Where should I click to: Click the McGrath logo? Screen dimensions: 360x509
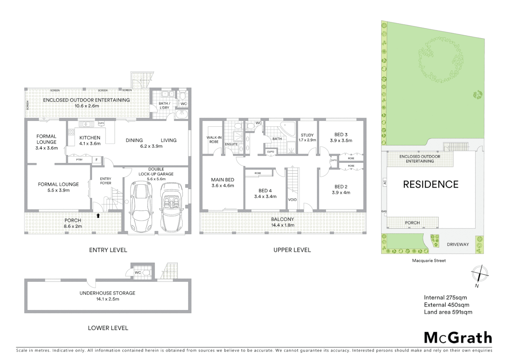coord(458,338)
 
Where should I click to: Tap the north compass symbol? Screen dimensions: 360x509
coord(479,275)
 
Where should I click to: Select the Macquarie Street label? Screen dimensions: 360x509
coord(429,261)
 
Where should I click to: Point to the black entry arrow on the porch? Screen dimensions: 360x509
coord(98,215)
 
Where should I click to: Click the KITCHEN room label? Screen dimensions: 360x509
coord(90,138)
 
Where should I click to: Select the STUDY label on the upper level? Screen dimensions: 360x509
coord(307,135)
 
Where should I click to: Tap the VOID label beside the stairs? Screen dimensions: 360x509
coord(292,200)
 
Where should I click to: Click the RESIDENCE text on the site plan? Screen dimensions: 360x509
coord(430,184)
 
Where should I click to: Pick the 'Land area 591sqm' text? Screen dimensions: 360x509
coord(448,312)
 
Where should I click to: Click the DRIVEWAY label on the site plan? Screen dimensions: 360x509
coord(458,244)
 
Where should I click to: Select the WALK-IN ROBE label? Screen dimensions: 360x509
coord(214,140)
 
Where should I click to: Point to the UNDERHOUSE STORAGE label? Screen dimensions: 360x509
coord(107,293)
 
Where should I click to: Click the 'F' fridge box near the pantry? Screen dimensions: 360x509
coord(97,160)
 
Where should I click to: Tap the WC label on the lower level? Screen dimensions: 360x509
coord(138,272)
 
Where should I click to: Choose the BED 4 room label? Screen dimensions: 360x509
coord(265,191)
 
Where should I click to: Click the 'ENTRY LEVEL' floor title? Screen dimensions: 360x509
coord(108,250)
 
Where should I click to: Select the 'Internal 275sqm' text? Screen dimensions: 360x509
coord(445,298)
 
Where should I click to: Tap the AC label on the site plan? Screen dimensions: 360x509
coord(384,182)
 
